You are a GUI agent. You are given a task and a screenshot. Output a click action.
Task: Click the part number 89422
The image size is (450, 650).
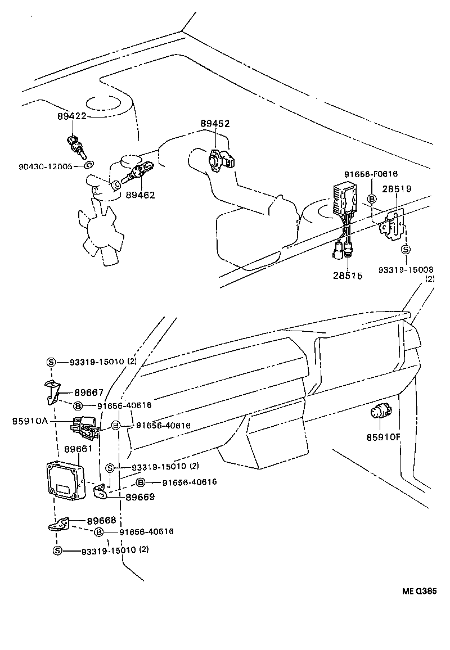[x=72, y=116]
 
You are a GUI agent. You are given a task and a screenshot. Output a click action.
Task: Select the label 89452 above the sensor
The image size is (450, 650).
[x=215, y=124]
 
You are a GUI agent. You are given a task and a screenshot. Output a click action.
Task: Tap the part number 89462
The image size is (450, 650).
[x=140, y=195]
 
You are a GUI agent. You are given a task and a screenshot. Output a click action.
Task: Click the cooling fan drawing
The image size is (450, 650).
[x=100, y=232]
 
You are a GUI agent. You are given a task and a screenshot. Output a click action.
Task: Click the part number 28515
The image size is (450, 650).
[x=347, y=276]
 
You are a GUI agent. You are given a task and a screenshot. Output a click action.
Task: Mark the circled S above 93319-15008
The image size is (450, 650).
[x=406, y=250]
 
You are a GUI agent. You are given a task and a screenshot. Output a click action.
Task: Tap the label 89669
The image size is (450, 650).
[x=139, y=497]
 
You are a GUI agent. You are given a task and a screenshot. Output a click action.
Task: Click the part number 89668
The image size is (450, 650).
[x=102, y=521]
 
